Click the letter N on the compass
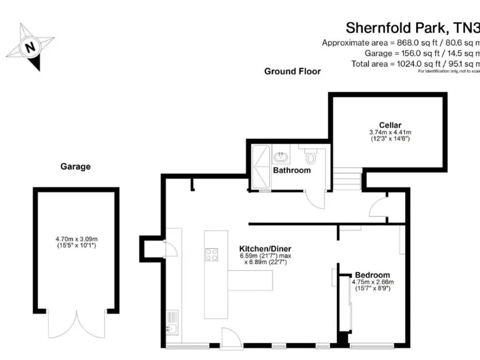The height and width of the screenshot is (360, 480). click(x=30, y=46)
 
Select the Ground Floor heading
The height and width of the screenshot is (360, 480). click(x=292, y=71)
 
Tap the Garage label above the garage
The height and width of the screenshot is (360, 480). click(x=75, y=167)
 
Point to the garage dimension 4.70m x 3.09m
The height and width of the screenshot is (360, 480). click(x=76, y=239)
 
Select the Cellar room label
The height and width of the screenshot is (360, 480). click(x=389, y=125)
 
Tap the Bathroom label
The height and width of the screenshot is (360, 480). click(x=291, y=171)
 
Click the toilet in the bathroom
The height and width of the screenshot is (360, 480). click(x=311, y=156)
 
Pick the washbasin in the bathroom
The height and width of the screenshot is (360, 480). click(x=281, y=153)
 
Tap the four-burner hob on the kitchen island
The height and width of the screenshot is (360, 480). click(x=212, y=254)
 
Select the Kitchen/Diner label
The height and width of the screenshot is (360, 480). click(x=265, y=249)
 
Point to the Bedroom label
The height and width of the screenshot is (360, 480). click(x=372, y=275)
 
